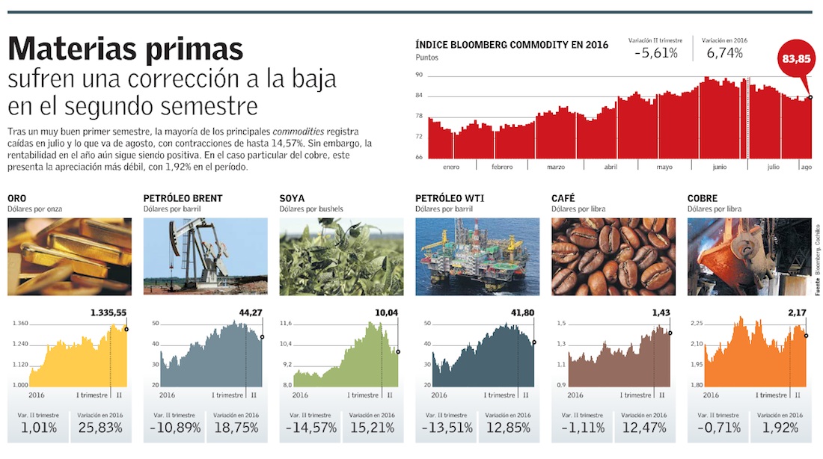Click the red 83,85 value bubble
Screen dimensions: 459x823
coord(795,59)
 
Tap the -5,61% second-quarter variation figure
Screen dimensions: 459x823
coord(656,53)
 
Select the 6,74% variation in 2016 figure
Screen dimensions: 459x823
coord(724,53)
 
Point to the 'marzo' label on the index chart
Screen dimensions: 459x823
coord(556,167)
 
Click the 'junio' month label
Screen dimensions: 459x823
coord(719,167)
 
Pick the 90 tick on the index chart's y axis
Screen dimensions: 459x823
coord(419,75)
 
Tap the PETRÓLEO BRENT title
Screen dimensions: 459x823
coord(183,198)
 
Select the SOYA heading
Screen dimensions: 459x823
coord(292,198)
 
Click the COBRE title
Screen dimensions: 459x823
coord(703,198)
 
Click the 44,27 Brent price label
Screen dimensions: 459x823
coord(249,312)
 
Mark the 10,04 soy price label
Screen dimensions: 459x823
coord(386,312)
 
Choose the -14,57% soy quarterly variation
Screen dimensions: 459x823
coord(308,428)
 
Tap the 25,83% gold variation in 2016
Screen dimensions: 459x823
coord(100,428)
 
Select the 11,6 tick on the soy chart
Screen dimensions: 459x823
coord(285,324)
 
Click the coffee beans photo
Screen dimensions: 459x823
coord(612,256)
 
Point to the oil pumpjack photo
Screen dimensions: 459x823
coord(204,256)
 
